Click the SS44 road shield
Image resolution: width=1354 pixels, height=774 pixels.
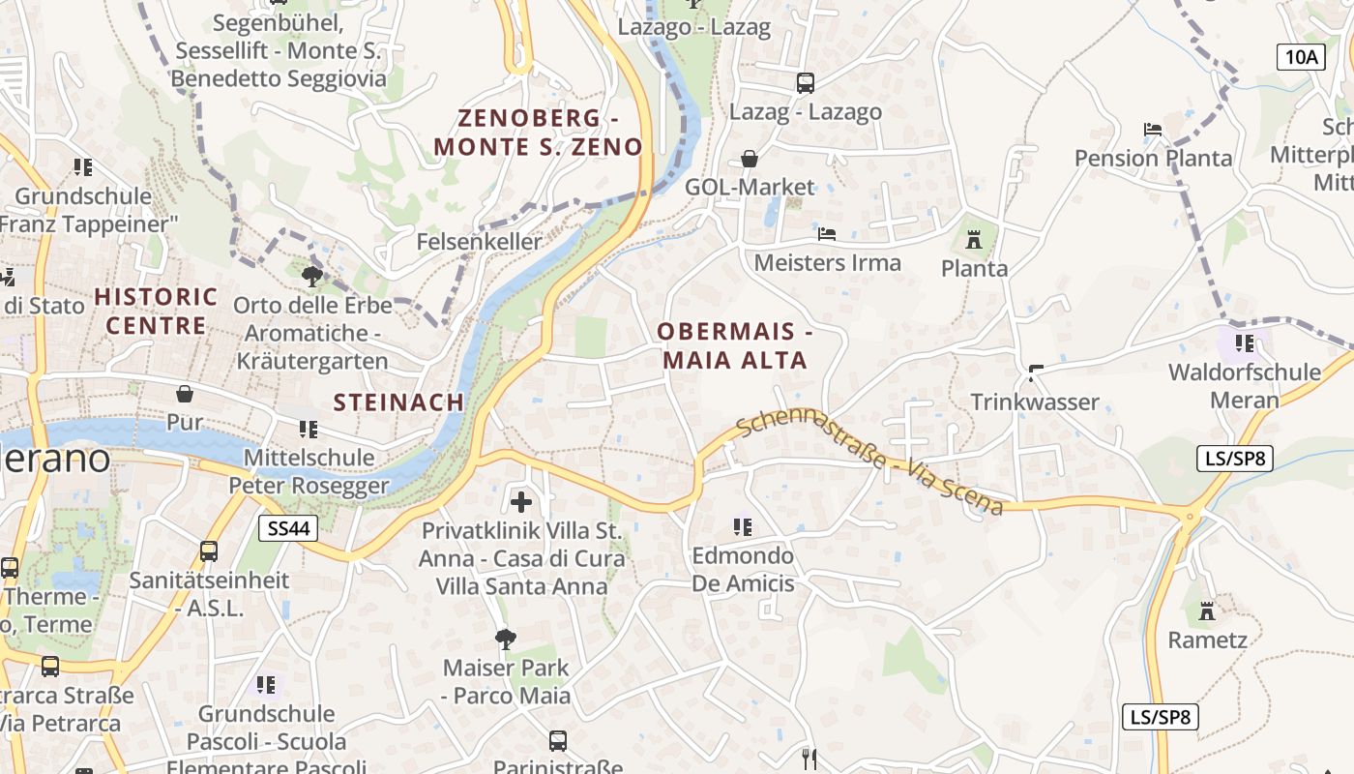287,527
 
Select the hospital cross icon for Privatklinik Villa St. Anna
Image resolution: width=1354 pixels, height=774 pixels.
521,501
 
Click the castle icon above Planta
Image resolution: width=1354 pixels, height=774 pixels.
974,239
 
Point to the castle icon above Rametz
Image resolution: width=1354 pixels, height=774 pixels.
1206,610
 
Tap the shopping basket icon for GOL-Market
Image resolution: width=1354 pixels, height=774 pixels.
750,158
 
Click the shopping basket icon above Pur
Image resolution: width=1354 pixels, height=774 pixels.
184,393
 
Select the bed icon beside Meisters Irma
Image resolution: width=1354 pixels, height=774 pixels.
826,233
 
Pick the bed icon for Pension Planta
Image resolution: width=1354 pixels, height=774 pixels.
1152,129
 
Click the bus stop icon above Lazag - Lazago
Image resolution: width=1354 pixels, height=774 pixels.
806,82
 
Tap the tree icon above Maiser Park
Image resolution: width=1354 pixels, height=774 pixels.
505,639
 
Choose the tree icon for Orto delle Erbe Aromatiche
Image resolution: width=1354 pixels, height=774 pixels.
311,277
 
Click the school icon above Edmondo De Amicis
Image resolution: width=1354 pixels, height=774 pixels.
742,526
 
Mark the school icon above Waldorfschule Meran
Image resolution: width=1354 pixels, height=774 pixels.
1244,342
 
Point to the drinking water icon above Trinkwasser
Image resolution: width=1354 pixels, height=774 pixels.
1036,372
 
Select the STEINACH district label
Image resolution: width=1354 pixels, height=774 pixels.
398,402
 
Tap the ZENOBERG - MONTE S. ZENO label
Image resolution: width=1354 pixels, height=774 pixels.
538,133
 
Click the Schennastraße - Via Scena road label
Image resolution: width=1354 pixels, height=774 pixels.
868,463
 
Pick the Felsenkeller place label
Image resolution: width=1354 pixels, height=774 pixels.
480,241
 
